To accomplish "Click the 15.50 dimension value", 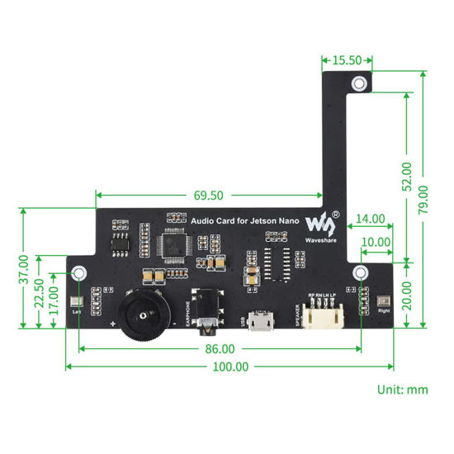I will (347, 60).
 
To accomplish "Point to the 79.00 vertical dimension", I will (422, 198).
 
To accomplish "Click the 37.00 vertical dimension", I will (24, 269).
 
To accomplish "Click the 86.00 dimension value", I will (219, 349).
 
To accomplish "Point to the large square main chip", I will (174, 245).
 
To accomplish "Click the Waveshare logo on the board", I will (319, 225).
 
